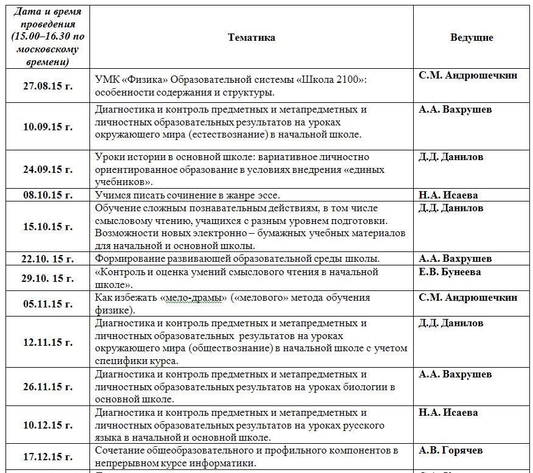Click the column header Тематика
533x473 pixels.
point(251,37)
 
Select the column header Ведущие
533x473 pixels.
point(472,37)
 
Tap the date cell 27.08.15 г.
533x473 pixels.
point(47,86)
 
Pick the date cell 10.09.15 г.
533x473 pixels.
point(47,127)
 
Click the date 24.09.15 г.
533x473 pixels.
point(47,169)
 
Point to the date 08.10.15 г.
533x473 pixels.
point(47,195)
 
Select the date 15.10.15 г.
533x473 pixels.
point(47,226)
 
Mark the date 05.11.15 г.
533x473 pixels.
point(47,304)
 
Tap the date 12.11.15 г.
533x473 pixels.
point(47,342)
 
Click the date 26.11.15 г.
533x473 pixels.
point(47,387)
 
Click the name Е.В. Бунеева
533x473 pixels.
point(450,272)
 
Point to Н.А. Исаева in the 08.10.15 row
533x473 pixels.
point(448,195)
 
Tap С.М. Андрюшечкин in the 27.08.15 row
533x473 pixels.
point(468,75)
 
